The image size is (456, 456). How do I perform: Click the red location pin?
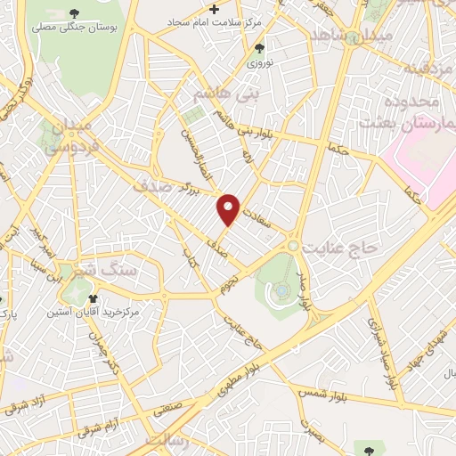point(229,209)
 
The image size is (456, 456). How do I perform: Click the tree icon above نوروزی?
point(259,48)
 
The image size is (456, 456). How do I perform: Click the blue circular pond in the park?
point(282,290)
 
